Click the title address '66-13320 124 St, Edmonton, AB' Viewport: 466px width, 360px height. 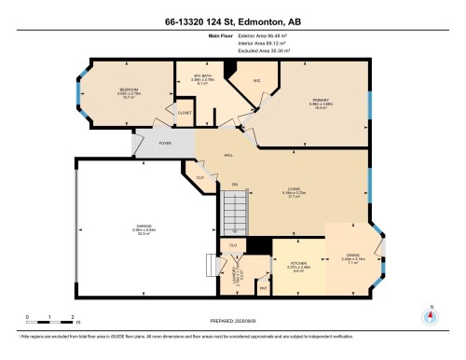(233, 19)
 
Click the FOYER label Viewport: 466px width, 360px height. (164, 143)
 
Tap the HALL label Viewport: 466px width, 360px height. (227, 155)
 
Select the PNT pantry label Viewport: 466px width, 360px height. (264, 288)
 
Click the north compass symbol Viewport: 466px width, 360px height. (429, 314)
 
